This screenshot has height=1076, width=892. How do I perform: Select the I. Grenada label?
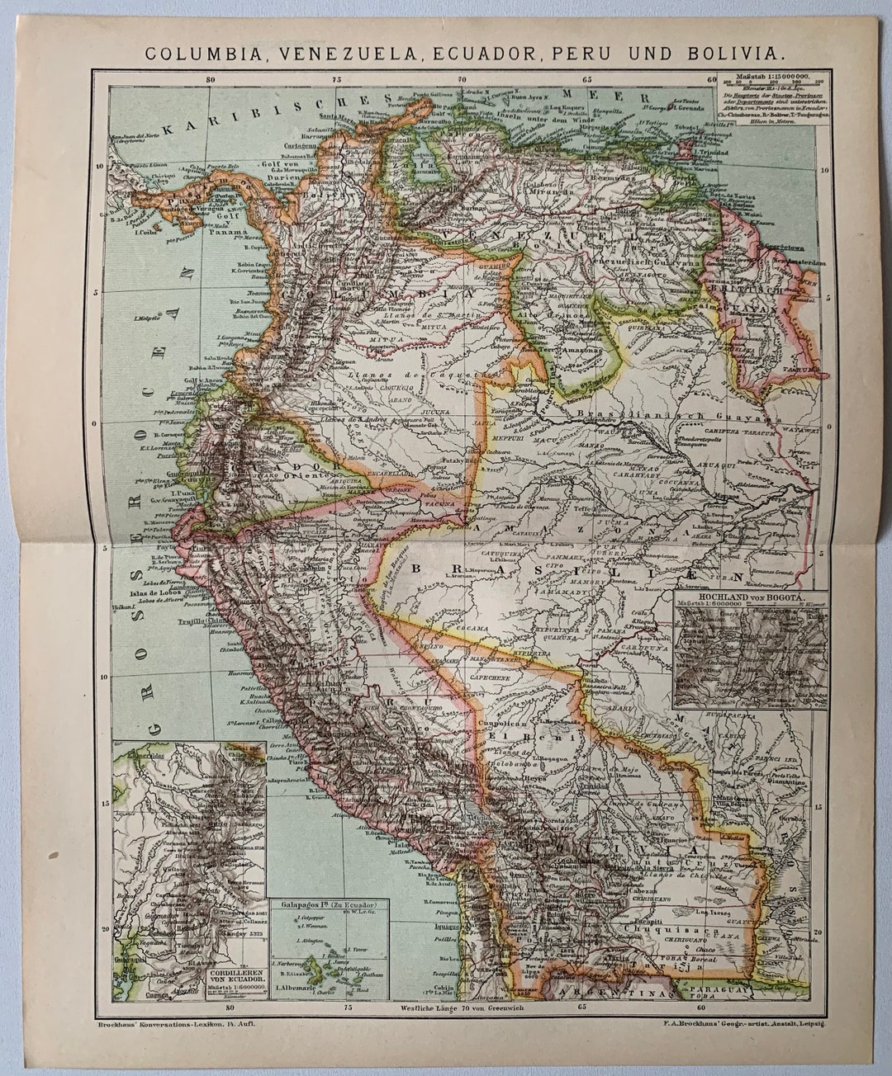692,107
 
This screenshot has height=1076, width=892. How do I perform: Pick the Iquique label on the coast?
446,925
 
